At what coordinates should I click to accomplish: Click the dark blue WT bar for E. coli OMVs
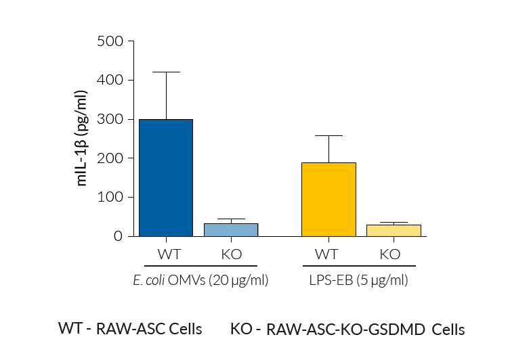[165, 177]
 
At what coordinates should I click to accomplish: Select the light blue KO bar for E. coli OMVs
[231, 229]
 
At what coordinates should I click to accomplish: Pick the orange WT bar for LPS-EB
[328, 199]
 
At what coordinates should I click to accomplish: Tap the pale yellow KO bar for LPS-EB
[394, 230]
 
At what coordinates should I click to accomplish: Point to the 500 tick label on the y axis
[111, 41]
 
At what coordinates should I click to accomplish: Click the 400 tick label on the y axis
[111, 81]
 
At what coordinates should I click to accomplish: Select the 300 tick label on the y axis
[111, 120]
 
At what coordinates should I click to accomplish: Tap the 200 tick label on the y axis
[111, 158]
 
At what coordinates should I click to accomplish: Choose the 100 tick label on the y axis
[111, 198]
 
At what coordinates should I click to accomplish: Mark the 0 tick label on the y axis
[119, 236]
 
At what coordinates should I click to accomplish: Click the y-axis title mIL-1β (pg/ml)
[82, 138]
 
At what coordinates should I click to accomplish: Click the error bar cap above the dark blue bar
[165, 72]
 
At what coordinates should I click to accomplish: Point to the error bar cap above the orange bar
[328, 136]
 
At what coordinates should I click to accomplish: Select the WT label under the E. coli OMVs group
[168, 254]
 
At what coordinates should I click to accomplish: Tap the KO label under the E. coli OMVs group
[231, 254]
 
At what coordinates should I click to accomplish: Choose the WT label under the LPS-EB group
[326, 254]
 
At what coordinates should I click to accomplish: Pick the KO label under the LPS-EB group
[390, 254]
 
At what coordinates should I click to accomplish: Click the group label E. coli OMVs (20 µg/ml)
[201, 279]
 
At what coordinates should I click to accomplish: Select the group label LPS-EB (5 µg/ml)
[360, 279]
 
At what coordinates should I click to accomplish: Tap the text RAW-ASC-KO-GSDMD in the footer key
[347, 330]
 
